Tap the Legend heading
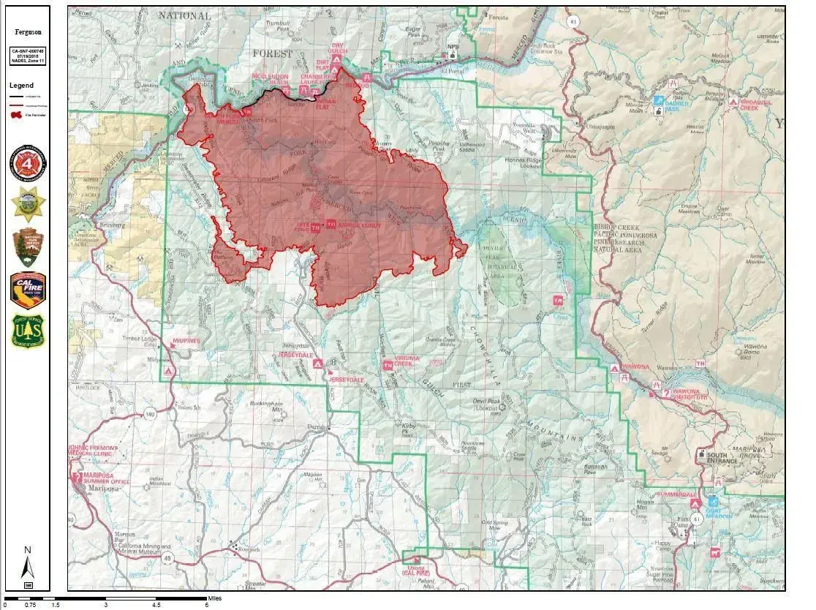pos(21,86)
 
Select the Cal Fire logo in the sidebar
pos(28,291)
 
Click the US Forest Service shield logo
pos(28,331)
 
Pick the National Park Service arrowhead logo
pos(28,247)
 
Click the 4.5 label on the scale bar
pos(156,605)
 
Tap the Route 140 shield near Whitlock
pos(150,415)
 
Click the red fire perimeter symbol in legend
pos(15,114)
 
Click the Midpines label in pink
pos(186,342)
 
